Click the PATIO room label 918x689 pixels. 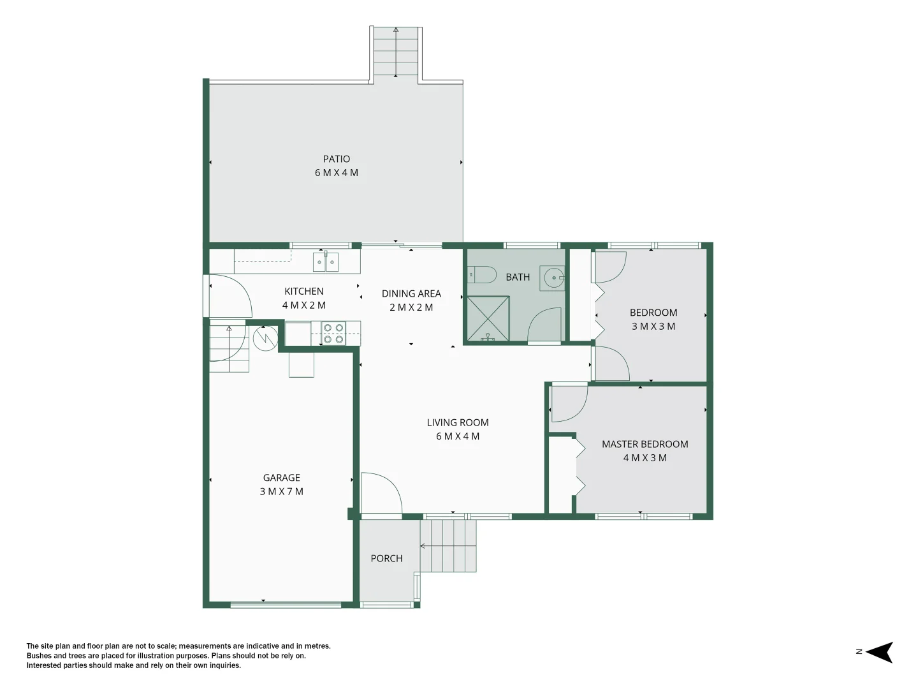point(336,159)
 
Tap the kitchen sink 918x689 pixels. point(325,262)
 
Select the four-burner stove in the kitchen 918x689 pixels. point(333,334)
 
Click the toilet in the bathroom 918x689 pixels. point(482,275)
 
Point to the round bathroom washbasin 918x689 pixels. point(554,278)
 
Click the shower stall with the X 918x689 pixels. point(488,318)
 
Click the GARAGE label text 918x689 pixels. point(282,478)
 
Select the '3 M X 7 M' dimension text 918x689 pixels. point(282,491)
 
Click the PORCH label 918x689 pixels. point(386,558)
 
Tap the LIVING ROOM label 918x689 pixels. point(458,422)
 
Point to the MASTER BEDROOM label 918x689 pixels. point(645,444)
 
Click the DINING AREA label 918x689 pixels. point(411,293)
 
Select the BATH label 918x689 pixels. point(518,277)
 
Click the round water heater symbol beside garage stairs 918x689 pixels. point(265,338)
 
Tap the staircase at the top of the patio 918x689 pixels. point(396,52)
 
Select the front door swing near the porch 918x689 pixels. point(381,493)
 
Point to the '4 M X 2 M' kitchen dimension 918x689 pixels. point(303,306)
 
